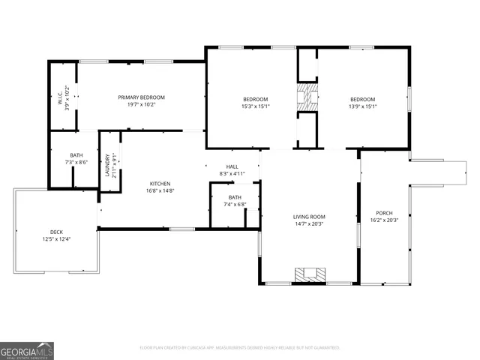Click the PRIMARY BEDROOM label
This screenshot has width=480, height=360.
(141, 97)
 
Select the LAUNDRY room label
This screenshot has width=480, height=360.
(107, 165)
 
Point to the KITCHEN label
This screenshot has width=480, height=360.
(160, 184)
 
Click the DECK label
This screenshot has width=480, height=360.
(56, 232)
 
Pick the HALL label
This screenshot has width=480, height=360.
(232, 166)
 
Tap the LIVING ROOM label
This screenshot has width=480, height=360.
(309, 217)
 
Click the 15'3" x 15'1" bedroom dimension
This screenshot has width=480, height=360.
(255, 106)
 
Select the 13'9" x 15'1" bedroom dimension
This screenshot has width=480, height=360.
(362, 106)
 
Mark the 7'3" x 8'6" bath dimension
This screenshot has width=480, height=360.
(76, 162)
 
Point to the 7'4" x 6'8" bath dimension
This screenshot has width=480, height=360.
(235, 204)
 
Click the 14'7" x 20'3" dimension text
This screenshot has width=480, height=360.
(309, 223)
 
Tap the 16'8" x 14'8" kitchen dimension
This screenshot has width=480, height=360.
(160, 190)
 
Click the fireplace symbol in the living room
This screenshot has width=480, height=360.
(309, 274)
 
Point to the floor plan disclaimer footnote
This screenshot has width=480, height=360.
(240, 347)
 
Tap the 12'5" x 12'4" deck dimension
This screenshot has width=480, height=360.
(56, 238)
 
